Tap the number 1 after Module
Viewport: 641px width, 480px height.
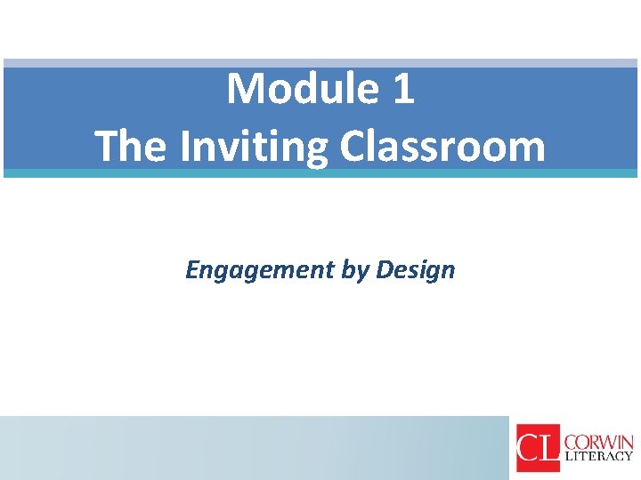coord(403,89)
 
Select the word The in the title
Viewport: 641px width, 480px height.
coord(132,146)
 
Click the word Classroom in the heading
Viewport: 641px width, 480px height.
coord(442,146)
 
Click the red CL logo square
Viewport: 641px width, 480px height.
coord(538,447)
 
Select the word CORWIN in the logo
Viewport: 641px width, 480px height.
coord(599,442)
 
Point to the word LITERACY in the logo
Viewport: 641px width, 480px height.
coord(599,457)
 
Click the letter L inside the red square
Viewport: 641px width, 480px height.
coord(549,448)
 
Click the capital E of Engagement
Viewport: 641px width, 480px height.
coord(191,269)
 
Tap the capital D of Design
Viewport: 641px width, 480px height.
coord(384,269)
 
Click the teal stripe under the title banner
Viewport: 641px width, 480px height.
coord(320,173)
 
